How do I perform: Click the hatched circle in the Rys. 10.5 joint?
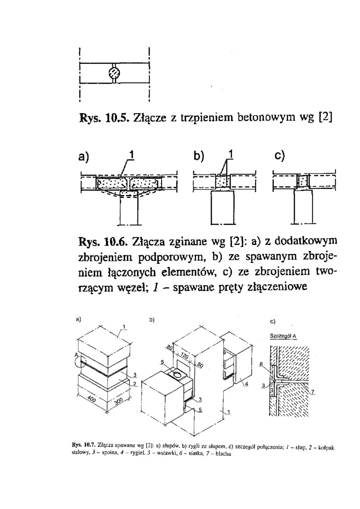114,72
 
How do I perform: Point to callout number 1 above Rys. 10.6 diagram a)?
132,156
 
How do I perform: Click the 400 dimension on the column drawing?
92,400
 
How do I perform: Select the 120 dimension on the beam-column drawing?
185,357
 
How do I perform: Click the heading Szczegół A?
283,336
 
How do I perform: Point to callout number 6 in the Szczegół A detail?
261,364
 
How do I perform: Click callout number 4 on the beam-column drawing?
246,384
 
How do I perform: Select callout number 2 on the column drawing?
134,384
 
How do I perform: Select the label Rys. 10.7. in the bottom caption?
79,447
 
